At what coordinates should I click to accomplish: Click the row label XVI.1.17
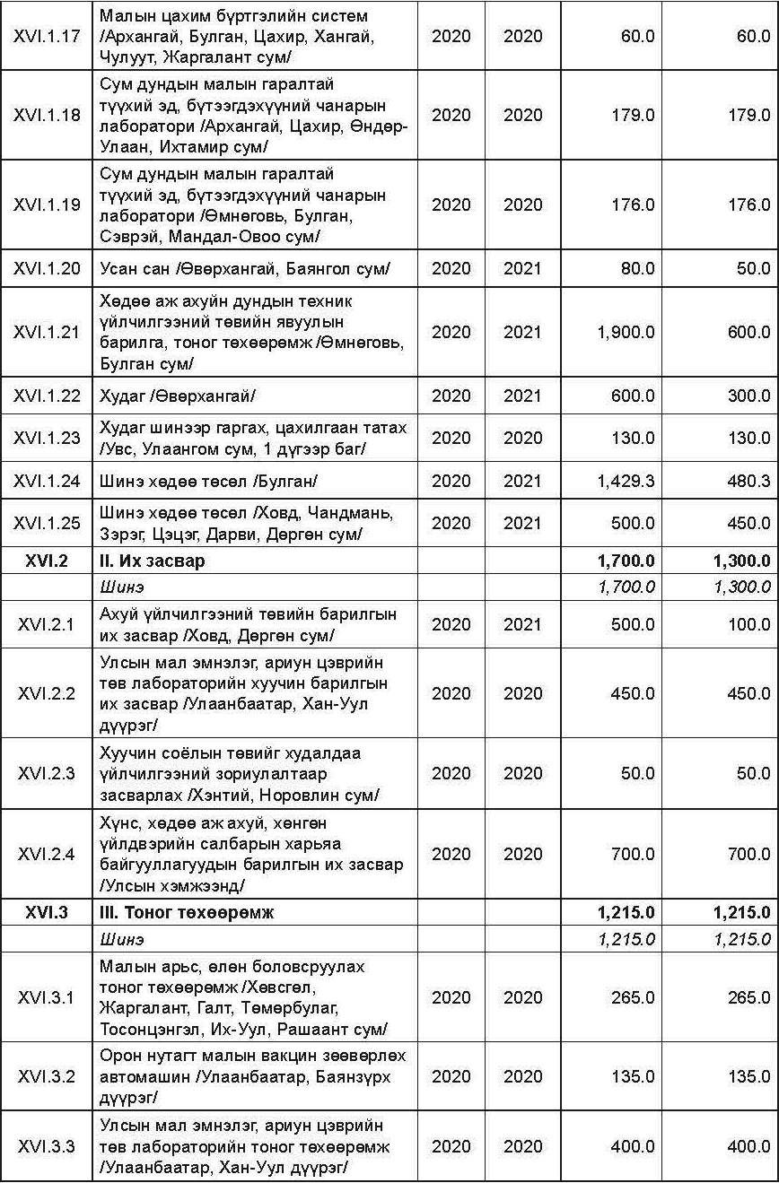click(x=47, y=37)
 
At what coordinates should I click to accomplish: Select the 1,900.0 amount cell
click(x=625, y=332)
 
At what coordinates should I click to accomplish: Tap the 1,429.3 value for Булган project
click(x=625, y=481)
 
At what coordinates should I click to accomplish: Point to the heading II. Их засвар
click(x=152, y=561)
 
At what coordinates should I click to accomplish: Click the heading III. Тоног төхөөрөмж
click(x=186, y=913)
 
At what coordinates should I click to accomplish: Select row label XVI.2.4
click(x=47, y=854)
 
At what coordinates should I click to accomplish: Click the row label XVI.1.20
click(x=47, y=268)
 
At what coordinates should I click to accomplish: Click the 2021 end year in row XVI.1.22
click(x=522, y=396)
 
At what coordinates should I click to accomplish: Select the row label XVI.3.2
click(x=47, y=1076)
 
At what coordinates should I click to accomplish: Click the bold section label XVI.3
click(x=47, y=913)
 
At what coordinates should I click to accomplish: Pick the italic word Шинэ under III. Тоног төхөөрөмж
click(x=121, y=939)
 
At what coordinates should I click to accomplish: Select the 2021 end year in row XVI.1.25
click(x=522, y=523)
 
